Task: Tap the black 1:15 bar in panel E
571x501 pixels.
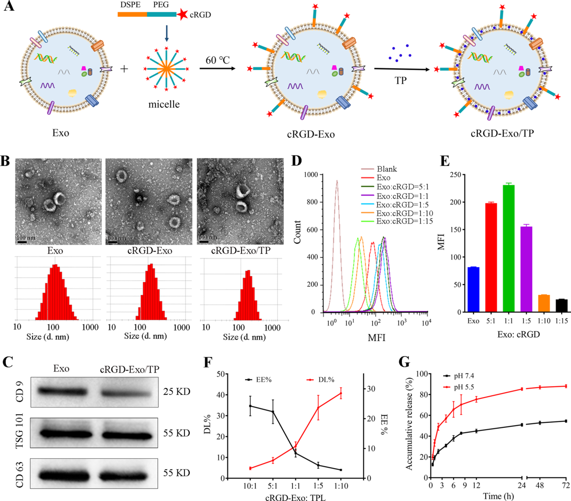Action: pos(561,305)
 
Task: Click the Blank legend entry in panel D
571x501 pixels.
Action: pos(387,169)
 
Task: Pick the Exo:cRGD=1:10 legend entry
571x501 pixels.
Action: pos(405,213)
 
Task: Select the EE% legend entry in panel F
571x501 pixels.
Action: pos(263,380)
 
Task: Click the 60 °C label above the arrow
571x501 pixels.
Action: pos(218,60)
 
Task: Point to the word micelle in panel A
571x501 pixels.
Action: pos(164,104)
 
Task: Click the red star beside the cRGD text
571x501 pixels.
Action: pos(182,15)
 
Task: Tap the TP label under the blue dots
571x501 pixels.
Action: pos(400,81)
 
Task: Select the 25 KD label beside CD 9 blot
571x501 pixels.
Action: pos(176,392)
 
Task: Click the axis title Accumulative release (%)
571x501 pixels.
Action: pos(409,420)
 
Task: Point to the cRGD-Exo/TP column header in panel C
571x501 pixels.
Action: pos(129,369)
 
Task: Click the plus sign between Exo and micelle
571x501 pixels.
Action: pos(124,69)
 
